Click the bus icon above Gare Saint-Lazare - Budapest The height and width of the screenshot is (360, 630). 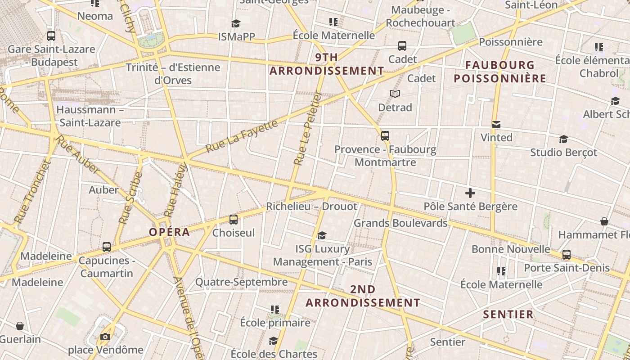[x=51, y=36]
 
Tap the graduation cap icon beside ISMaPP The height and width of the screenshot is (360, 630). [x=236, y=23]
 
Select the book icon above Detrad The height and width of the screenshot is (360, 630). [x=395, y=94]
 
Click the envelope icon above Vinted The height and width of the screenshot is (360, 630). [x=496, y=125]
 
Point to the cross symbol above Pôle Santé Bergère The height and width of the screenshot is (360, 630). [x=470, y=193]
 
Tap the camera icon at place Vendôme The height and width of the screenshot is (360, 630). [x=105, y=337]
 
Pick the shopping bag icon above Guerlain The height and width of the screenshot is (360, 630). [x=20, y=325]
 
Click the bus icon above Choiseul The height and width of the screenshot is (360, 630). [x=234, y=220]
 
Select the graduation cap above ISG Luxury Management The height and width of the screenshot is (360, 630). [x=322, y=235]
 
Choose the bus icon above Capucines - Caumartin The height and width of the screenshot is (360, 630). [x=107, y=247]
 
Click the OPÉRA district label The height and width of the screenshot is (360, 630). [x=169, y=232]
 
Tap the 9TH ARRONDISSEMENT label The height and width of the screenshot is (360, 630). [x=327, y=64]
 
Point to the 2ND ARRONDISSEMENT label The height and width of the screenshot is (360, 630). [x=363, y=296]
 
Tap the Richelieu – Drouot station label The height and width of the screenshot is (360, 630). [x=311, y=207]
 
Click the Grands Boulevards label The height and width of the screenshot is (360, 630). [x=400, y=223]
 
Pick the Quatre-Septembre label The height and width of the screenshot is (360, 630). [x=241, y=282]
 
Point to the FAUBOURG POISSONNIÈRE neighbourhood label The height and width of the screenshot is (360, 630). [x=500, y=72]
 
